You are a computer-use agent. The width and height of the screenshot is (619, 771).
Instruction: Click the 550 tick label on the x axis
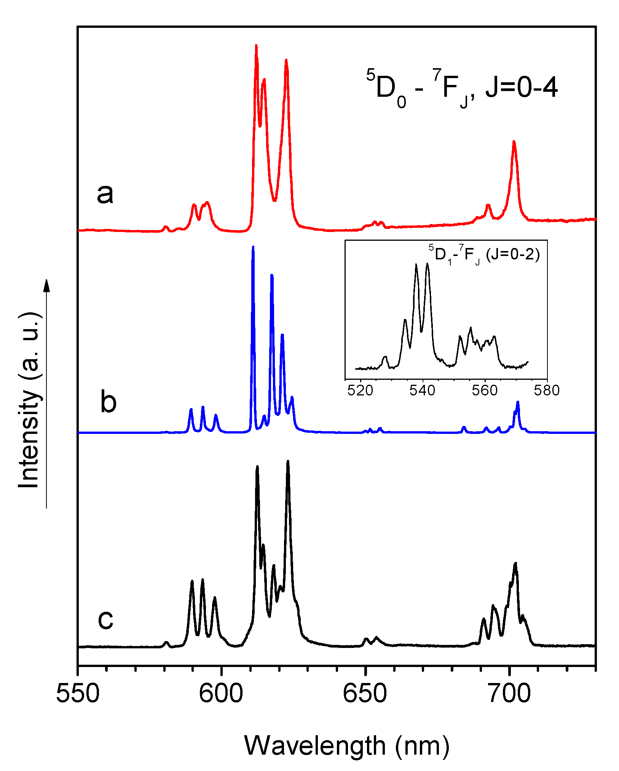(x=78, y=694)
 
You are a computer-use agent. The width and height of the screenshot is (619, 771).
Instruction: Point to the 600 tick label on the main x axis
(x=221, y=694)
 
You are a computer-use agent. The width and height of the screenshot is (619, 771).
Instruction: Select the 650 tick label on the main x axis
(x=365, y=694)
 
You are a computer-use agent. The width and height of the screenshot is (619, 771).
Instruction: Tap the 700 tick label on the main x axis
(x=509, y=694)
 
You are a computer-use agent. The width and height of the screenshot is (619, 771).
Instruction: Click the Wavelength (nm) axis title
(x=346, y=745)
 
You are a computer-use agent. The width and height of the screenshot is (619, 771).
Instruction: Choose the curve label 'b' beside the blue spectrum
(x=108, y=402)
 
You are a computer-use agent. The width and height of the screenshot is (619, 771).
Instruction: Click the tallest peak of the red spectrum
(x=256, y=46)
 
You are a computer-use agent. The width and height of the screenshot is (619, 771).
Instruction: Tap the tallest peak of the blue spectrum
(x=253, y=247)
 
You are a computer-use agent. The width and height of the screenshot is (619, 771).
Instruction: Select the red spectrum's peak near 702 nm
(x=514, y=142)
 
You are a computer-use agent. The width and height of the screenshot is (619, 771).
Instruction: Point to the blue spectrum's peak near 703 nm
(x=518, y=402)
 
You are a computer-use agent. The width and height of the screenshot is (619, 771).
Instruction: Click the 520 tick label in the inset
(x=360, y=390)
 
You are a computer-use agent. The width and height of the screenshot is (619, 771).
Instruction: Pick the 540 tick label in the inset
(x=422, y=390)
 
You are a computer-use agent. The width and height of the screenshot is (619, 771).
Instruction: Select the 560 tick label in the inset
(x=485, y=390)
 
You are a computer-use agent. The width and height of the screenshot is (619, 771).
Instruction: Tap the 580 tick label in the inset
(x=547, y=390)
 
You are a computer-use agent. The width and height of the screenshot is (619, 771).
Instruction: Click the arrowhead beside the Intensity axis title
(x=47, y=286)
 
